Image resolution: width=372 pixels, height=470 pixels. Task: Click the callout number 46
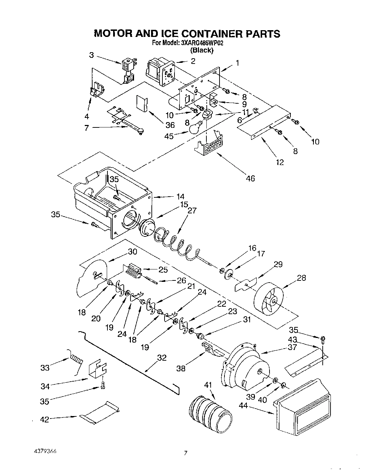click(250, 178)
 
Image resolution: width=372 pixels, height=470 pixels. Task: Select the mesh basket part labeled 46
click(210, 145)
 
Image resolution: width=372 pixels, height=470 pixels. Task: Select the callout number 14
click(181, 196)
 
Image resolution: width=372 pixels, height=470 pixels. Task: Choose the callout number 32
click(162, 358)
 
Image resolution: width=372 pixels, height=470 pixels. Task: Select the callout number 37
click(292, 347)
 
